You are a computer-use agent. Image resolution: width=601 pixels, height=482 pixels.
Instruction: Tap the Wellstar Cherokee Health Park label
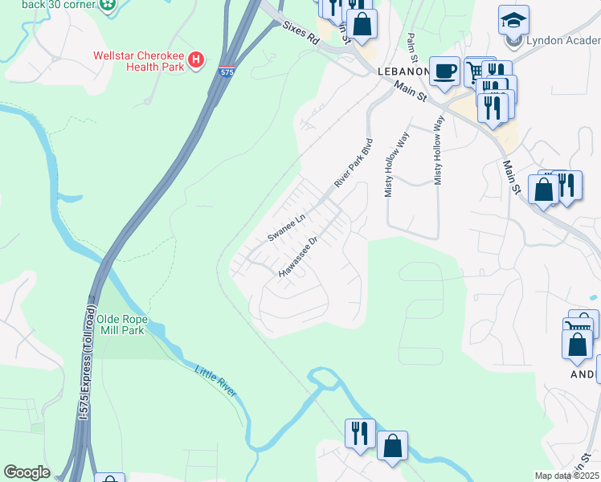tap(139, 61)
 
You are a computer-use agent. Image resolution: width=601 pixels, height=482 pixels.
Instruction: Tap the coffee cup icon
tap(444, 71)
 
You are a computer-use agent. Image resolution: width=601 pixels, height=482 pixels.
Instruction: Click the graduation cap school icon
tap(513, 19)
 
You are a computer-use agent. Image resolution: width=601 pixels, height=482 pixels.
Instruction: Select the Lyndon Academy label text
tap(562, 41)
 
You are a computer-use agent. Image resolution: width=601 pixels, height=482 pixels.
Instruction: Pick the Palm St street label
tap(411, 47)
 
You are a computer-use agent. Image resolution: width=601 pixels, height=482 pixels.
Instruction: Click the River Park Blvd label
tap(354, 167)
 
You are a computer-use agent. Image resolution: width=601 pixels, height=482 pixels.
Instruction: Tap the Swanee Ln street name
tap(287, 227)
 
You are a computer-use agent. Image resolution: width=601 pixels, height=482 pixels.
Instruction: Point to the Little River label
tap(216, 379)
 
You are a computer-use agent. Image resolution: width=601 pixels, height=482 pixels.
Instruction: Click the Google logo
tap(27, 472)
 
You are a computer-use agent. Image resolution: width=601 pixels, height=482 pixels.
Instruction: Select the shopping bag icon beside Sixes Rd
tap(362, 23)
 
